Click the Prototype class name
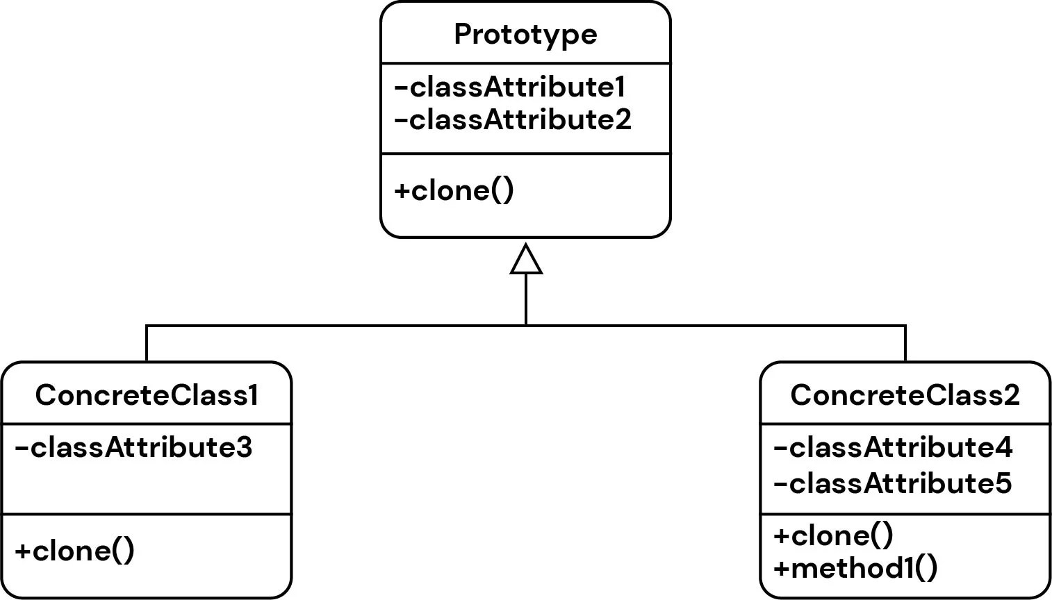[x=525, y=34]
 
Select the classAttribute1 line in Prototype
[x=510, y=87]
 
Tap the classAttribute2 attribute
[x=513, y=119]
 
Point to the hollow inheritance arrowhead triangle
[x=526, y=260]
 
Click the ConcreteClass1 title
[x=147, y=395]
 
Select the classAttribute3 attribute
[x=133, y=448]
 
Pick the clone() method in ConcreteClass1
[x=75, y=551]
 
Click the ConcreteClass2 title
[x=905, y=395]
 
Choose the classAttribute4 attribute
[x=893, y=448]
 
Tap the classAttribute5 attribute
[x=893, y=483]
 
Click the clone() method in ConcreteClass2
[x=833, y=535]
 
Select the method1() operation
[x=855, y=568]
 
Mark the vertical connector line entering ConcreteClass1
[x=147, y=344]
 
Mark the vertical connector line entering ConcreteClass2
[x=905, y=344]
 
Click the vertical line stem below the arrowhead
[x=526, y=299]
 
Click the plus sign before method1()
[x=781, y=569]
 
